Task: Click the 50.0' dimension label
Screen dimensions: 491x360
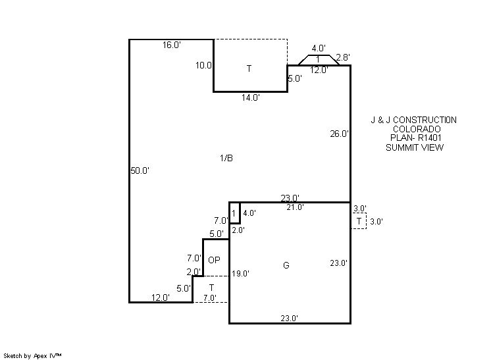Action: pyautogui.click(x=140, y=170)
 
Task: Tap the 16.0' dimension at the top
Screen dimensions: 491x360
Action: pyautogui.click(x=172, y=45)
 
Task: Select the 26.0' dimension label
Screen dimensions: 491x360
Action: pyautogui.click(x=339, y=134)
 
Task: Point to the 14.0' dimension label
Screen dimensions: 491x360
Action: pyautogui.click(x=251, y=97)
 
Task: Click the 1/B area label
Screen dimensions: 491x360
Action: pyautogui.click(x=226, y=158)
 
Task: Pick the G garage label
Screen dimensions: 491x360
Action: pyautogui.click(x=286, y=265)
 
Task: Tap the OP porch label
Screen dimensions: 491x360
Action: pyautogui.click(x=214, y=260)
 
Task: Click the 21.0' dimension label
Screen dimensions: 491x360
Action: pyautogui.click(x=295, y=207)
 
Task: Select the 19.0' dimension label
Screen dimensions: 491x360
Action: pyautogui.click(x=240, y=274)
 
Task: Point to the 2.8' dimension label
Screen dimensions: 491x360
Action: pyautogui.click(x=342, y=57)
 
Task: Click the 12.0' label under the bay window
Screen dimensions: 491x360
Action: pyautogui.click(x=319, y=70)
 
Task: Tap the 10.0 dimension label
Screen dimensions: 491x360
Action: pyautogui.click(x=203, y=65)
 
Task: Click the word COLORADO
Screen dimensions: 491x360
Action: pyautogui.click(x=417, y=129)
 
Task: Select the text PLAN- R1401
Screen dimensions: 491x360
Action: pyautogui.click(x=416, y=138)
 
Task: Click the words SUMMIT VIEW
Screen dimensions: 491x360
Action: pyautogui.click(x=415, y=147)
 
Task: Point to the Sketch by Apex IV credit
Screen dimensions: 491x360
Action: pyautogui.click(x=32, y=356)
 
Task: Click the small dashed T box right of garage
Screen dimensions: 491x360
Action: pyautogui.click(x=359, y=221)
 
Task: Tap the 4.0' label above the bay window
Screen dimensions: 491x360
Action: pyautogui.click(x=319, y=49)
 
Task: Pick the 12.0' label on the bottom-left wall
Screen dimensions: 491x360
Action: pyautogui.click(x=161, y=297)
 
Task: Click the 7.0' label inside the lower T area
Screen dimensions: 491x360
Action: pyautogui.click(x=209, y=298)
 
